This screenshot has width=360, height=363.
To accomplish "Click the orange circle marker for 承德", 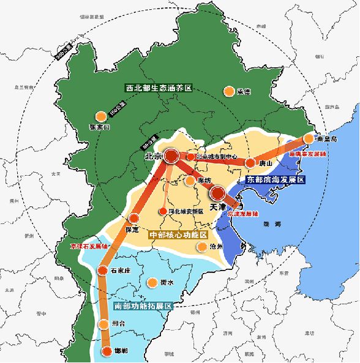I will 229,91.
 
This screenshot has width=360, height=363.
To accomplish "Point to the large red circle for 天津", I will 217,194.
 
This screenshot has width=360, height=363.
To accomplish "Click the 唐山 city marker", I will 250,163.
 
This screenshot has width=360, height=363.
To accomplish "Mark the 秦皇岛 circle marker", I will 308,139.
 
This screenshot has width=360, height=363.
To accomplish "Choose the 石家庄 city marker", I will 102,270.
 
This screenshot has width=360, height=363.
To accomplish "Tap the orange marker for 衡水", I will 152,283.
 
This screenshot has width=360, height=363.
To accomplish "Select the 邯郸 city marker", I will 107,351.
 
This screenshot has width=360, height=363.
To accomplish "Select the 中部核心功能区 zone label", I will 179,234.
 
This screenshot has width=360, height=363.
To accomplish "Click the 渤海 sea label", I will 270,225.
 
